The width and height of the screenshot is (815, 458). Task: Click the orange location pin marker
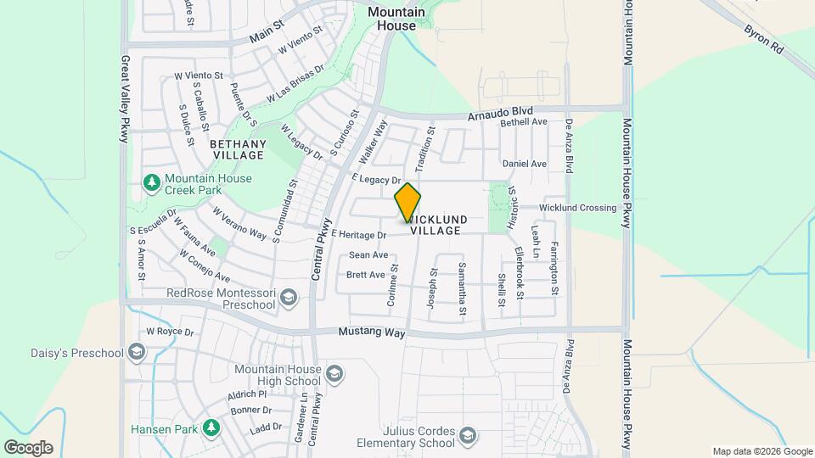407,202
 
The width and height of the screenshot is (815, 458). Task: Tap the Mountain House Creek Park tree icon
152,182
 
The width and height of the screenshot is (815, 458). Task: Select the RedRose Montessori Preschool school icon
289,296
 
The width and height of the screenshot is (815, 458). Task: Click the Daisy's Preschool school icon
136,353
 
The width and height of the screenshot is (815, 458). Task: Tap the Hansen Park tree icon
211,428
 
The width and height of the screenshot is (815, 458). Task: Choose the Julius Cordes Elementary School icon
467,436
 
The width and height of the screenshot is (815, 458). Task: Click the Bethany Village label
239,149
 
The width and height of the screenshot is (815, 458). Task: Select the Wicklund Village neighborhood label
436,224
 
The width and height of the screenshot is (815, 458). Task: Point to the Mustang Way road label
372,333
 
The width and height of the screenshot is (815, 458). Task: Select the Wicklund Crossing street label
577,208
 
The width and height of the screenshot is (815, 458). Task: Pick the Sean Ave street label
368,254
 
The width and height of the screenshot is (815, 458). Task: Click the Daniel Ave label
524,163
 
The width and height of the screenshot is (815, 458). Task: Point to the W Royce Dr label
171,332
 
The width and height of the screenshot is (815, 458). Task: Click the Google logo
28,447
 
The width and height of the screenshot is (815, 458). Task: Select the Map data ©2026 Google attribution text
762,451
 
